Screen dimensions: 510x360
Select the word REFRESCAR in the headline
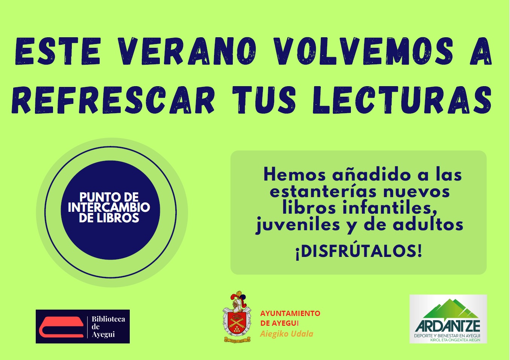[x=113, y=100]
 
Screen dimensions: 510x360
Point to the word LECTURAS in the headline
[x=402, y=100]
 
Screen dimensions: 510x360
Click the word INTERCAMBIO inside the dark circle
[x=109, y=207]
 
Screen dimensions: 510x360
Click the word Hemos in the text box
[x=294, y=175]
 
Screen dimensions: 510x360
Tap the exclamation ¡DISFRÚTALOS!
[x=358, y=251]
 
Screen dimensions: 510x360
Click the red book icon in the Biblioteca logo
[x=61, y=327]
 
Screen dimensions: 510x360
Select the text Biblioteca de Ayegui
[x=108, y=327]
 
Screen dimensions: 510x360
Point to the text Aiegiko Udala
[x=287, y=334]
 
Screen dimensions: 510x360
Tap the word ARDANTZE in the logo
[x=448, y=326]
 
